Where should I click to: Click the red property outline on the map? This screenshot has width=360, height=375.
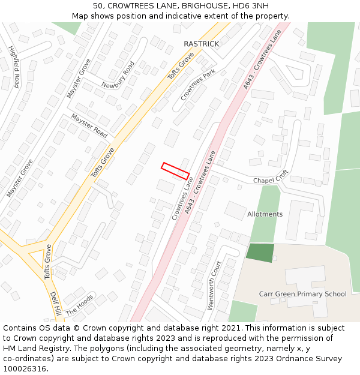coord(175,170)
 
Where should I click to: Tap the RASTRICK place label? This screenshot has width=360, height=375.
coord(201,44)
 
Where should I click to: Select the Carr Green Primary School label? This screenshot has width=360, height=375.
coord(302,294)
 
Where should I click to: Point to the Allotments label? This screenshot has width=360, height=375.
coord(265,214)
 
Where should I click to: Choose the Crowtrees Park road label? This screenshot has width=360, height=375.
coord(197,85)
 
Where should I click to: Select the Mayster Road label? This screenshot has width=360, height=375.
coord(89,125)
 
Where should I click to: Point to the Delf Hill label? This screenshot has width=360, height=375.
coord(56,304)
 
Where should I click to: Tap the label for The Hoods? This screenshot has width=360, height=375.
coord(80,305)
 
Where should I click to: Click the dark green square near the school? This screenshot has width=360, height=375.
coord(260,252)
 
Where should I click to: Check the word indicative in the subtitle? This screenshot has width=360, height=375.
coord(202,16)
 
